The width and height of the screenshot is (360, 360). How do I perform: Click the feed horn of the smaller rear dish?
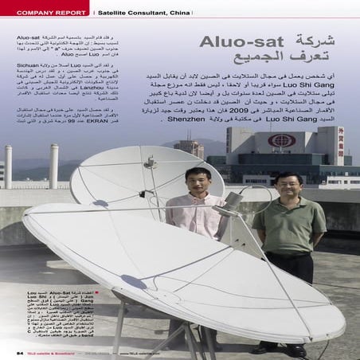point(149,164)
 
